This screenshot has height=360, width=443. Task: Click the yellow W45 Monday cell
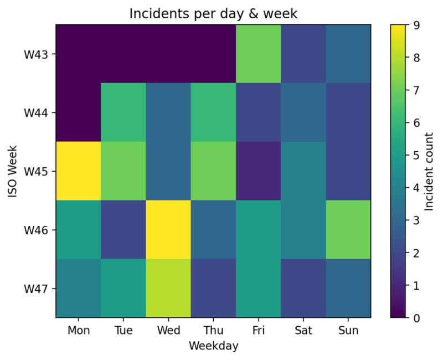click(78, 171)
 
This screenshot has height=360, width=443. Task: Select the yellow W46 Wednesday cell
click(168, 229)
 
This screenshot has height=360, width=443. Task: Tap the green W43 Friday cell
click(258, 54)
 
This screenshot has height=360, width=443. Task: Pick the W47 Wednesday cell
click(168, 288)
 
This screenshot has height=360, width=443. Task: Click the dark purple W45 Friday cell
click(258, 171)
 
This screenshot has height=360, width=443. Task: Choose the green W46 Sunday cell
click(348, 229)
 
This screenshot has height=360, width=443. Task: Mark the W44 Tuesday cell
click(123, 112)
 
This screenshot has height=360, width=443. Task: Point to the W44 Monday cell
click(78, 112)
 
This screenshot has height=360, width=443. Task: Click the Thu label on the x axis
click(213, 330)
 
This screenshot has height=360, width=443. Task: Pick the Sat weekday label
click(303, 330)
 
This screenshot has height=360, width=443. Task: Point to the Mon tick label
click(79, 330)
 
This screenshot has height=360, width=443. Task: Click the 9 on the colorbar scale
click(416, 25)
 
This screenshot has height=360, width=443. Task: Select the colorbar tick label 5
click(416, 155)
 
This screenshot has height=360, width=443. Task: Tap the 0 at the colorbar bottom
click(416, 318)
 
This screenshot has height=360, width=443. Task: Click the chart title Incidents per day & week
click(213, 13)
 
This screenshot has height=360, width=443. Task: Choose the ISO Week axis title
click(13, 171)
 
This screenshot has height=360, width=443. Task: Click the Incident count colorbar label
click(429, 171)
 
